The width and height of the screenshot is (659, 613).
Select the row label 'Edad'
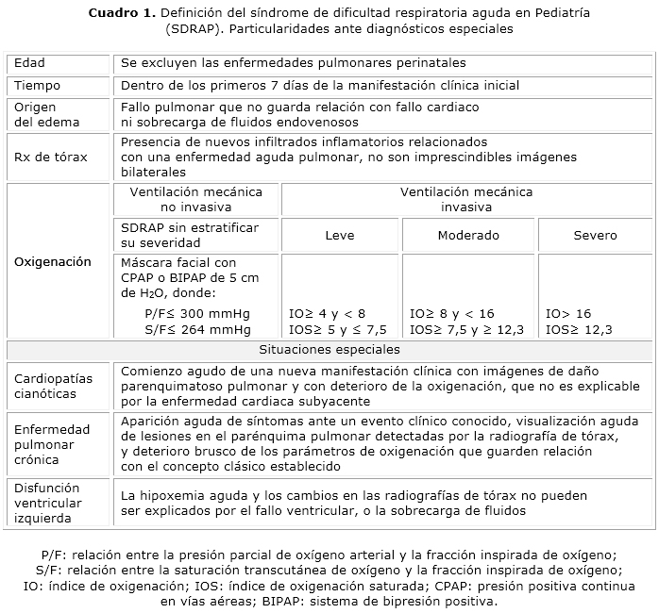pos(29,63)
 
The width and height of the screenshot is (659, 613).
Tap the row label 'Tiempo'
pos(37,86)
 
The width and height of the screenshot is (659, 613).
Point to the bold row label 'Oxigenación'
pos(53,262)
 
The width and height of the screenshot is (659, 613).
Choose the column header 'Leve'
pos(340,236)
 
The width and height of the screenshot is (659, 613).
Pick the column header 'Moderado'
pos(468,236)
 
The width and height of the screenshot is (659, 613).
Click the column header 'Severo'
pos(595,236)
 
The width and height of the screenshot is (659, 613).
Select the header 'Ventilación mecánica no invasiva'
pos(195,199)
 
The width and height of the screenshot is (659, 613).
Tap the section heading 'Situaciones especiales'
pos(329,350)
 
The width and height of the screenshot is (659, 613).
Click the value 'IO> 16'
pos(568,313)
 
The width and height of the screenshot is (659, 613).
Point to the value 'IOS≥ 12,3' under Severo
pos(579,329)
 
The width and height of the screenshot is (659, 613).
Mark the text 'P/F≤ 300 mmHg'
pos(198,313)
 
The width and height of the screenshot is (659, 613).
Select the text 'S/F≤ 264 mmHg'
pos(198,329)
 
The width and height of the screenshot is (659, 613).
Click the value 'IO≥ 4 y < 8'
pos(327,313)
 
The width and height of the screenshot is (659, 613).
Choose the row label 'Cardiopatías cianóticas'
pos(53,387)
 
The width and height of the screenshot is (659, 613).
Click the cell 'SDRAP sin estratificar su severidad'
pos(189,236)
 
